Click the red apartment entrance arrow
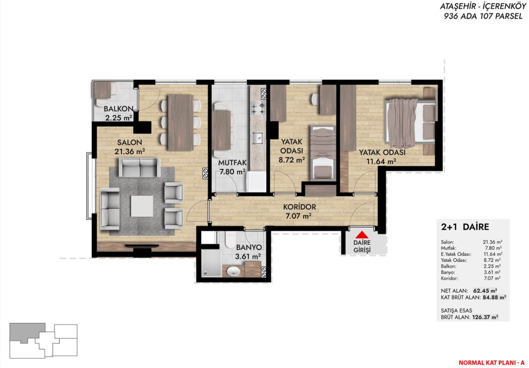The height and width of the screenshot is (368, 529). pos(362,235)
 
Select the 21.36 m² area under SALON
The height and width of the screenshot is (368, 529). pos(130,151)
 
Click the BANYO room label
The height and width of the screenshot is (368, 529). pos(249,247)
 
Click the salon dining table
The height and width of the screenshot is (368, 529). pos(180,122)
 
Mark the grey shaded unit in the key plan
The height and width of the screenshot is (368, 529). pos(27,332)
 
